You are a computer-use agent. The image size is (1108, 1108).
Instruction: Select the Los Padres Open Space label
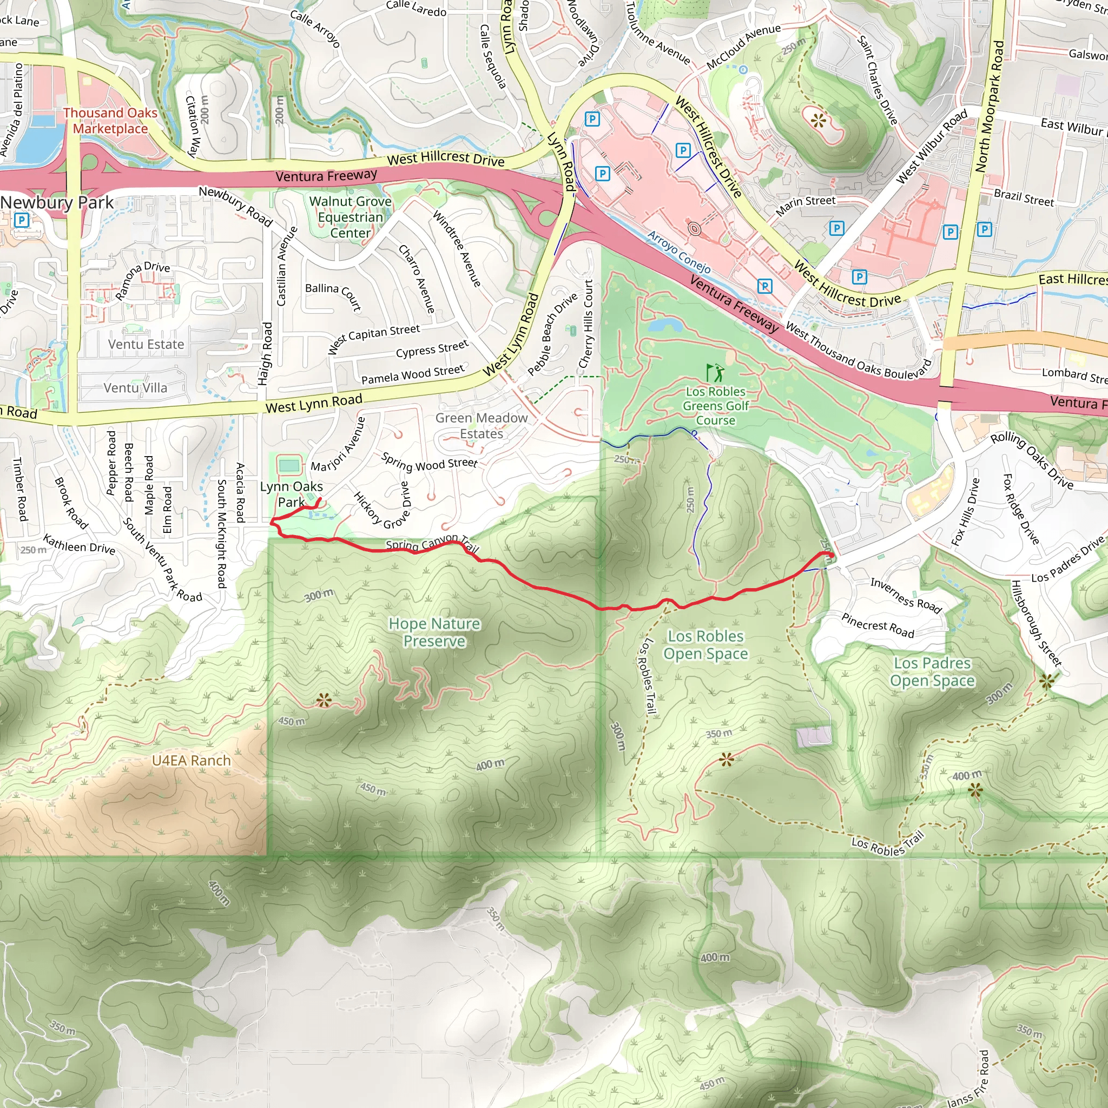click(932, 671)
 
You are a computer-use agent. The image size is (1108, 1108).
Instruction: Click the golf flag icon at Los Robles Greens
click(715, 373)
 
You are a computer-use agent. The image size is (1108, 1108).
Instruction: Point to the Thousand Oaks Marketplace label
click(110, 121)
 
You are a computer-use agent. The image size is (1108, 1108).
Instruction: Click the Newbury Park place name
click(57, 202)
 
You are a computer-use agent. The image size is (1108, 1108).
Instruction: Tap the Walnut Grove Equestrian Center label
click(351, 217)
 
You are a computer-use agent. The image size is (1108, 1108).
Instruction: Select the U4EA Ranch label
click(191, 761)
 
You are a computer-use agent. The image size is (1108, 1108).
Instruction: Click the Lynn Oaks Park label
click(292, 494)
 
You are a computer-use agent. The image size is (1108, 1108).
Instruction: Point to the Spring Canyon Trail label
click(431, 544)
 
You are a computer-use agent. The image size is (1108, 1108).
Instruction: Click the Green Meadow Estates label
click(481, 426)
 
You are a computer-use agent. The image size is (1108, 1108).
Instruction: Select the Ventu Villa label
click(135, 388)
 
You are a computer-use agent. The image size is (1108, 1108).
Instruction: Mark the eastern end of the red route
click(830, 555)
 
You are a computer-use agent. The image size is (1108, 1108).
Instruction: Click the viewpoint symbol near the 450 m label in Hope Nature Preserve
click(324, 700)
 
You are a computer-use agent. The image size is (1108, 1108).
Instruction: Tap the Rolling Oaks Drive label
click(1032, 460)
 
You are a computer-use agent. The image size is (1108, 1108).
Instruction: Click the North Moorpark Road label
click(990, 106)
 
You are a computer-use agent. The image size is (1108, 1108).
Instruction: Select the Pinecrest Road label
click(878, 625)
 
